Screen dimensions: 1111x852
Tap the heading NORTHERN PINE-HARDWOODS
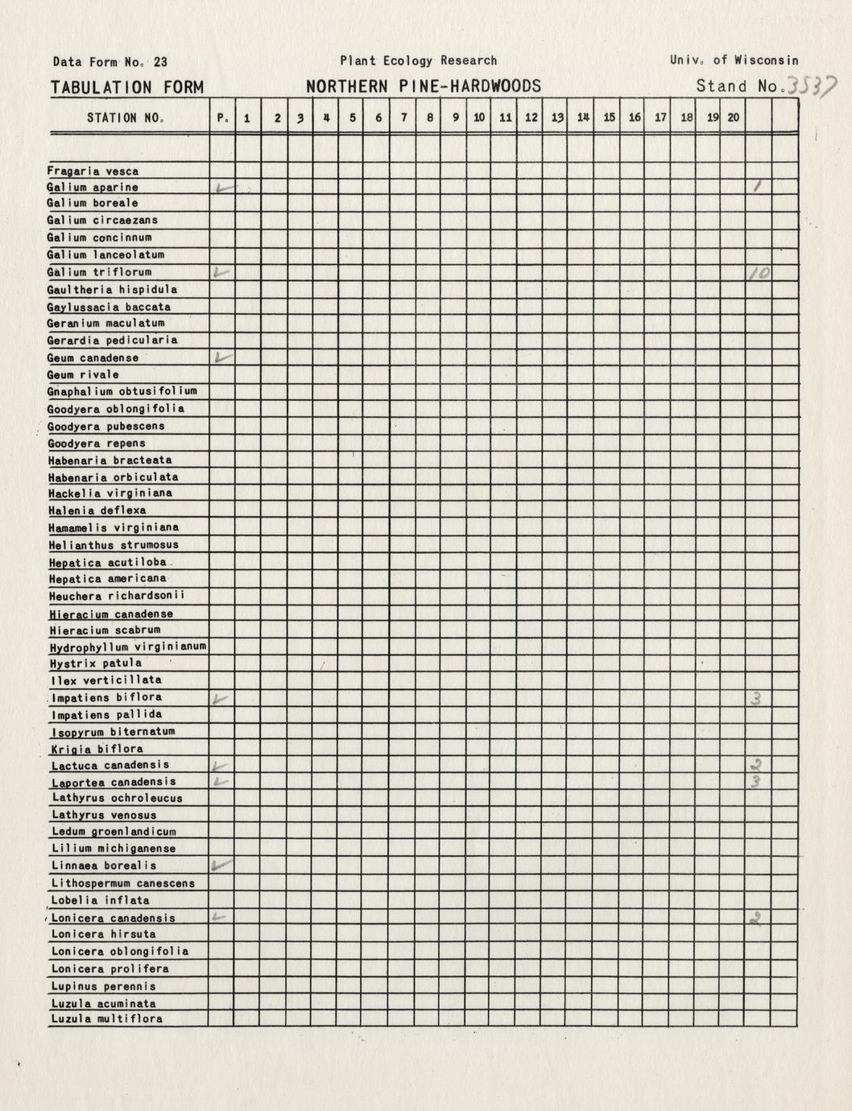(423, 87)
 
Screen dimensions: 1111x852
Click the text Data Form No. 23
(110, 61)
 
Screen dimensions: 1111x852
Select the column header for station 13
(557, 118)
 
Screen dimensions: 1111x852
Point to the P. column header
(222, 118)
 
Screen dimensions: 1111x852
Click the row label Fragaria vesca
(93, 171)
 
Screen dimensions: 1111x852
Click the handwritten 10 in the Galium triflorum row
(759, 273)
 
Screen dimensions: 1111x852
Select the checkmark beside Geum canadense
(222, 357)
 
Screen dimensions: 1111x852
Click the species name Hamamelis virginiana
(114, 527)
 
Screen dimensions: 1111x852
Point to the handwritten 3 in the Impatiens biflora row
(756, 698)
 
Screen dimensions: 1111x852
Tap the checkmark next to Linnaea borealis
(221, 865)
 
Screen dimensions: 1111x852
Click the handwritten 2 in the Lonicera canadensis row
(757, 917)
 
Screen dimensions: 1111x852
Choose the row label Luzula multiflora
(106, 1018)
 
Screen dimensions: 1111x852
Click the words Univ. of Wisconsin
(734, 60)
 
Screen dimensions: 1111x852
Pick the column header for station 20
(733, 118)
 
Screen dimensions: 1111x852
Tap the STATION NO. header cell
(126, 118)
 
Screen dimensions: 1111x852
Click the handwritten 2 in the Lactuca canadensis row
(756, 765)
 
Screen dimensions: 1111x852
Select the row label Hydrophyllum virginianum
(127, 646)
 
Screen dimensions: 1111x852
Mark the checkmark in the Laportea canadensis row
(221, 782)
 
